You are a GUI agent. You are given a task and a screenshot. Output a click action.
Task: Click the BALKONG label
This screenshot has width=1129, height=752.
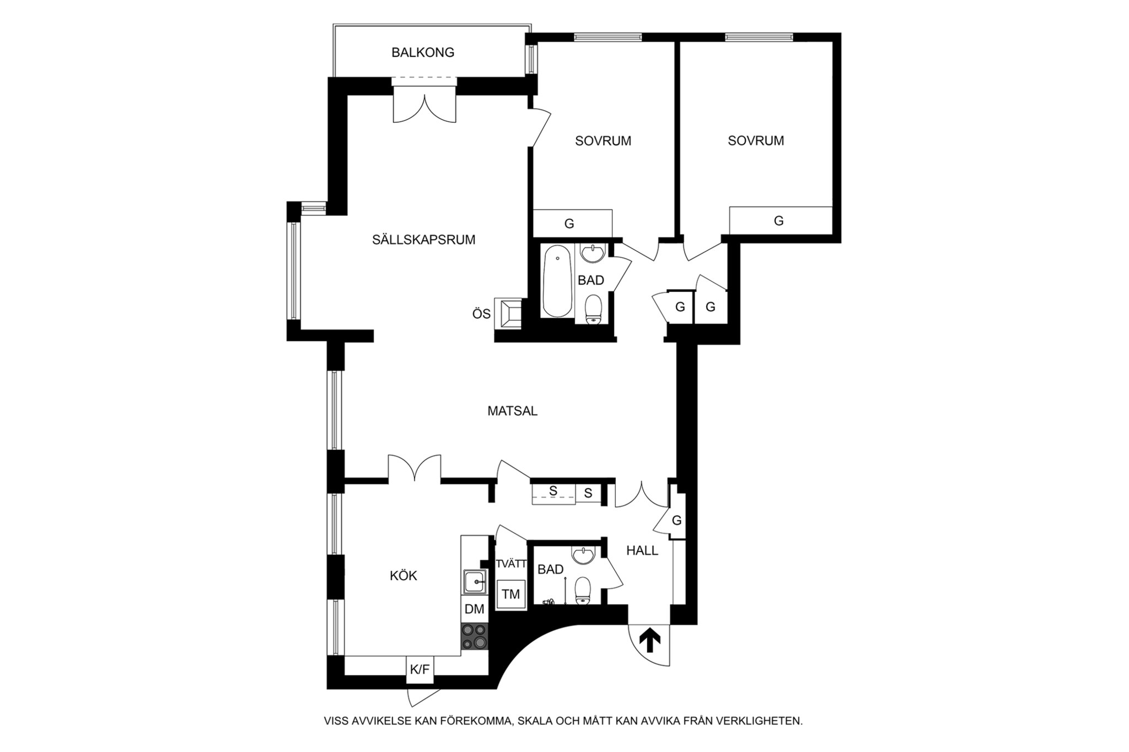pos(423,52)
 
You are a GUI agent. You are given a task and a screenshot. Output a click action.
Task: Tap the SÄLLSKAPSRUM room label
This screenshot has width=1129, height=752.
pos(423,240)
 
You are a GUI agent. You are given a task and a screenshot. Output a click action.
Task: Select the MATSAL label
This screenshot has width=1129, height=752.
pos(512,411)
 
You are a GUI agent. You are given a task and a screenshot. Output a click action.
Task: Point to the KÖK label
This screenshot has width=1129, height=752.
pos(404,576)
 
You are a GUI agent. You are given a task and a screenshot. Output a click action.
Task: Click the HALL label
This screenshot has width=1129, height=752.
pos(642,550)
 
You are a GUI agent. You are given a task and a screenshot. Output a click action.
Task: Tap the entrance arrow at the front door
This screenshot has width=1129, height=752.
pos(650,641)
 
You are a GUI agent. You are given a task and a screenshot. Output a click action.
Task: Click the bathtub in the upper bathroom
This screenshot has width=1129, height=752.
pos(557,282)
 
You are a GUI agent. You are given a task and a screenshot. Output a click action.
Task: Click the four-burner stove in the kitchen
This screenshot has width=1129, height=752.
pos(475,636)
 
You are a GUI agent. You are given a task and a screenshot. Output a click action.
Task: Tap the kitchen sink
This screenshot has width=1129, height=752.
pos(475,581)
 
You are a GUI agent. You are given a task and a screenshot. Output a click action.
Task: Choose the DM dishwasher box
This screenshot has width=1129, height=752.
pos(475,609)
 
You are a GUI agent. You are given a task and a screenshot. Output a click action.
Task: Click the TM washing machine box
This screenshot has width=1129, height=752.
pos(511,594)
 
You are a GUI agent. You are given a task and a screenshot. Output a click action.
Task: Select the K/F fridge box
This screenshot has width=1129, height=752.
pos(420,670)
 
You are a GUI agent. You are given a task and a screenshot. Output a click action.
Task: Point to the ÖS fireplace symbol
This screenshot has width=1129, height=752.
pos(508,313)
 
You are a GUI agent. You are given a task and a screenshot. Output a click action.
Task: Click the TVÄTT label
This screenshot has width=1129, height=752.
pos(512,564)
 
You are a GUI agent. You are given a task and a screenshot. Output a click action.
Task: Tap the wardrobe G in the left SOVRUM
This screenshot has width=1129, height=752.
pos(573,224)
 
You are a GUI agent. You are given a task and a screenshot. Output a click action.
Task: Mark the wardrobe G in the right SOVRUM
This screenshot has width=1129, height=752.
pos(781,221)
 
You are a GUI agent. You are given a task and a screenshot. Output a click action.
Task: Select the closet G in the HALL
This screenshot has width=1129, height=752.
pos(678,520)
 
